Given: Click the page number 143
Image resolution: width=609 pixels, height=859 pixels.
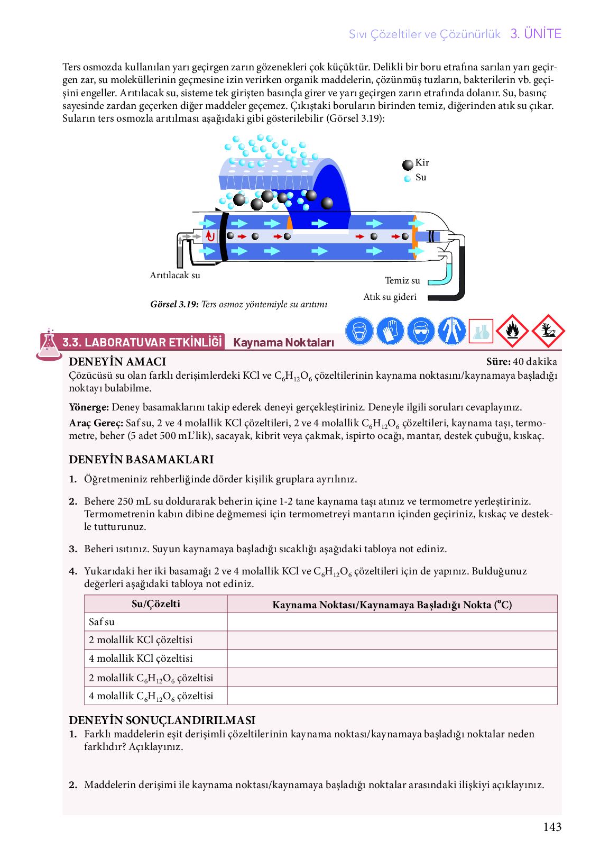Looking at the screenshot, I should pos(552,827).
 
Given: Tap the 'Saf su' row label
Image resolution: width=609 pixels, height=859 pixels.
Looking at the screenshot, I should pos(102,622).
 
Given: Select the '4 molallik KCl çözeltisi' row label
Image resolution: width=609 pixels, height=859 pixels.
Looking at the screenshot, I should pos(141,659).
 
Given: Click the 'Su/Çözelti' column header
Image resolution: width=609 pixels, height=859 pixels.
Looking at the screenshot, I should pos(156,604).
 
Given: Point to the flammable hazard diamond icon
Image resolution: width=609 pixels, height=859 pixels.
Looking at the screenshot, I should pos(512,331).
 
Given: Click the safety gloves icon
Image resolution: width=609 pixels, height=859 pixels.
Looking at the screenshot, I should pos(390,331).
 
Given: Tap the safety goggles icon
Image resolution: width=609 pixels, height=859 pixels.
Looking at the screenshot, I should pos(421,331).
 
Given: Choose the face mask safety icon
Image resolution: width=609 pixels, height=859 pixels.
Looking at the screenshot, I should pos(359,331).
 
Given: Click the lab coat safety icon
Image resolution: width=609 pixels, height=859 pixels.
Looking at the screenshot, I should pos(451,331).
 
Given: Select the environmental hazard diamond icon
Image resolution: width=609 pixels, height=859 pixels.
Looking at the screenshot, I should pos(548,331).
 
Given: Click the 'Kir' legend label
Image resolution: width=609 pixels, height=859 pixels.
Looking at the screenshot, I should pos(422,163).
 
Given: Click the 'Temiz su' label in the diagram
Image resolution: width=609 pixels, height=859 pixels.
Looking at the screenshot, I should pos(402,281).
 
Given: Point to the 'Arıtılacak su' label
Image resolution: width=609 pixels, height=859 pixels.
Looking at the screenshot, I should pos(175,276).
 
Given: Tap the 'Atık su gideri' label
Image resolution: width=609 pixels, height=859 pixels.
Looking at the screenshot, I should pos(390,297).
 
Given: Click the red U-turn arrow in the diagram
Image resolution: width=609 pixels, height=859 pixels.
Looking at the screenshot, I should pos(210,236).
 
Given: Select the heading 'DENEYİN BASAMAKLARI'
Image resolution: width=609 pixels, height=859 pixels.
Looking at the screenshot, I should pos(141,460).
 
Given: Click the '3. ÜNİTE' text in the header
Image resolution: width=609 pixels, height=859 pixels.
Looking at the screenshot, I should pos(536,34).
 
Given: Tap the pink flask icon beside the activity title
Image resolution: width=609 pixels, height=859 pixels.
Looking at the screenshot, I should pos(49,345).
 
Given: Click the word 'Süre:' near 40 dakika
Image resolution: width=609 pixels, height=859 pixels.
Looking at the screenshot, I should pos(498,362).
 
